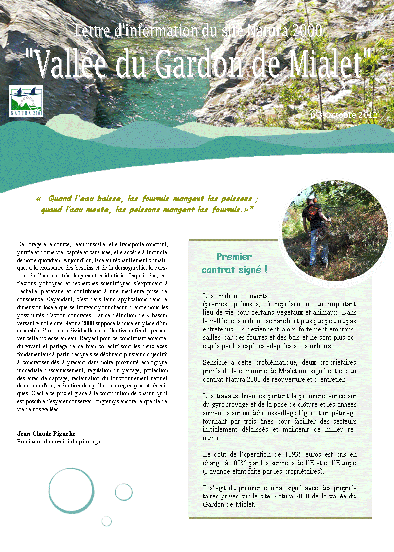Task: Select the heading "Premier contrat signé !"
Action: (234, 263)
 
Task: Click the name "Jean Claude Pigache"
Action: (46, 434)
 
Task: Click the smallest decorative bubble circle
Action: (107, 521)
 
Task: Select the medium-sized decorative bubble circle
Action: (124, 492)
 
